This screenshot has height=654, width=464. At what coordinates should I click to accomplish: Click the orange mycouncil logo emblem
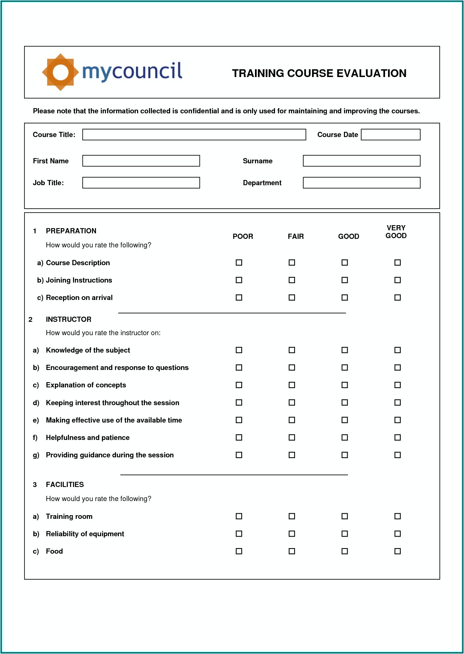point(60,72)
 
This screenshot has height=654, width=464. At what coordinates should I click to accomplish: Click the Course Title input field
point(194,134)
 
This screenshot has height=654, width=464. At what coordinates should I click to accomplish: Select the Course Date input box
point(391,134)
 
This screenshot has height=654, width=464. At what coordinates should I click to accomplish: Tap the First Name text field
point(141,161)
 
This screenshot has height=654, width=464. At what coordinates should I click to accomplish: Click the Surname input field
point(361,161)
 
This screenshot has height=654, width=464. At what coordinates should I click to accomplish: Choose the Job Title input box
point(141,183)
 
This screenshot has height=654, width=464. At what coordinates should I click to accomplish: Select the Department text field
point(361,183)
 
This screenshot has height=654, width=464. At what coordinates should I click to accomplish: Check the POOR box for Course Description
point(239,263)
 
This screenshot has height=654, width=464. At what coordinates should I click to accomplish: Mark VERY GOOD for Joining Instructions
point(398,280)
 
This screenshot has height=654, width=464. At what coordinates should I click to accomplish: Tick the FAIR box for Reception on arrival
point(292,297)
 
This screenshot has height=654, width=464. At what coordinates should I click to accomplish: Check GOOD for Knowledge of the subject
point(345,350)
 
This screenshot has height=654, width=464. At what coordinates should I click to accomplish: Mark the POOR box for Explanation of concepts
point(239,385)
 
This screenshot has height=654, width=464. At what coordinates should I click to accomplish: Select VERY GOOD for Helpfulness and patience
point(398,437)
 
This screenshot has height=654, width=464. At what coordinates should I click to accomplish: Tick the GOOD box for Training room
point(345,516)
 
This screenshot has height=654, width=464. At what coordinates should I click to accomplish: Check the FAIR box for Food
point(292,551)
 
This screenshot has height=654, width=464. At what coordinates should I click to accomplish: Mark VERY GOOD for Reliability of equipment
point(398,534)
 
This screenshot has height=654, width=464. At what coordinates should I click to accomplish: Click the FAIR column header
point(296,236)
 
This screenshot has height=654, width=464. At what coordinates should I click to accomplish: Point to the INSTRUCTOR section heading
point(69,319)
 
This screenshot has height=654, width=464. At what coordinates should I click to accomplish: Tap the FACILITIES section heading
point(65,484)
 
